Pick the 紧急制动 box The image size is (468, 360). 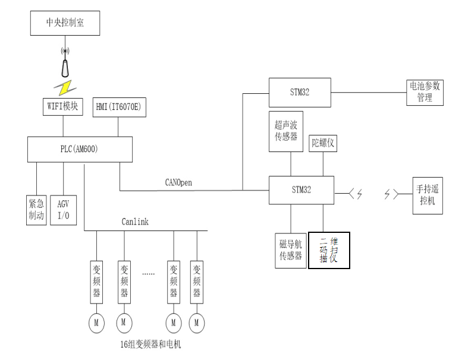36,208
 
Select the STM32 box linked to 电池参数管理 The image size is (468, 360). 300,91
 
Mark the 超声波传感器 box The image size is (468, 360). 290,132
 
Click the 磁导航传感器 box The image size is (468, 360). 288,250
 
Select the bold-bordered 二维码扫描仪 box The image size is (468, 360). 328,250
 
